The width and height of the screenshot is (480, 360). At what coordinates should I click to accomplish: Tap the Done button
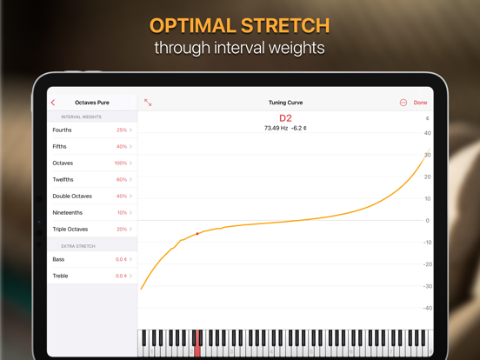tap(420, 103)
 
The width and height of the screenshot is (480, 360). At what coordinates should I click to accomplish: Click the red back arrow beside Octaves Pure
tap(53, 103)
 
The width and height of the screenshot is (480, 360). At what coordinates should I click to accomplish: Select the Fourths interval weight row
tap(92, 130)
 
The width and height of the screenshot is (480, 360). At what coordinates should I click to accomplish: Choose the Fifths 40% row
tap(92, 146)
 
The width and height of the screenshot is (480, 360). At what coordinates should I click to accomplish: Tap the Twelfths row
tap(92, 179)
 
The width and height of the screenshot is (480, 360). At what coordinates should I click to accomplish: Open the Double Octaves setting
tap(92, 196)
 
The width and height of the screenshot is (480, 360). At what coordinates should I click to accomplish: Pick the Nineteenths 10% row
tap(92, 212)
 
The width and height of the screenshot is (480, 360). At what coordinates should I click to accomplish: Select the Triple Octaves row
tap(92, 229)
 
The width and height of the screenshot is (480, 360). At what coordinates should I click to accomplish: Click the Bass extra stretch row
tap(92, 259)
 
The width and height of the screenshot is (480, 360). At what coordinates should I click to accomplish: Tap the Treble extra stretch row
tap(92, 276)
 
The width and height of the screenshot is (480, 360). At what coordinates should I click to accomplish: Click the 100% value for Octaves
tap(120, 163)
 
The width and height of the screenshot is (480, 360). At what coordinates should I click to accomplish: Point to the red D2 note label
tap(285, 118)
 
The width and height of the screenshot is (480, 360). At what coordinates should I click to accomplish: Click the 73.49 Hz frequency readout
tap(276, 128)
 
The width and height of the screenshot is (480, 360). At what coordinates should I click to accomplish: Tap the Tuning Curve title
tap(285, 103)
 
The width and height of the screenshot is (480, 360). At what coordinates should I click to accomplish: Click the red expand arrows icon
tap(148, 103)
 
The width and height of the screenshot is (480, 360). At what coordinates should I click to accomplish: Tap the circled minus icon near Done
tap(403, 103)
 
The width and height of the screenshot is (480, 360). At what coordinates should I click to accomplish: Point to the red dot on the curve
tap(197, 234)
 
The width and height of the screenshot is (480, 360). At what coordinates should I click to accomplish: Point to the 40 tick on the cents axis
tap(427, 133)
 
